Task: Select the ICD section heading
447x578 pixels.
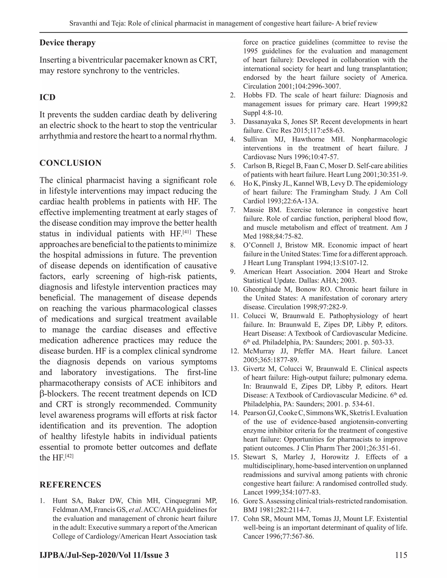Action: pos(47,97)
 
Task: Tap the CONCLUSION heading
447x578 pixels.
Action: pos(70,163)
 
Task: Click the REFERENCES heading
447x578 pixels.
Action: pos(70,485)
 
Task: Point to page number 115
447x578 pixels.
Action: pos(401,555)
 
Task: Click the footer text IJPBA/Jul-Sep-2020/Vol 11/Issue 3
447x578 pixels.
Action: pos(104,555)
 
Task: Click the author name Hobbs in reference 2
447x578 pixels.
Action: pos(253,95)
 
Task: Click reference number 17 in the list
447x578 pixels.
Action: pos(234,519)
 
